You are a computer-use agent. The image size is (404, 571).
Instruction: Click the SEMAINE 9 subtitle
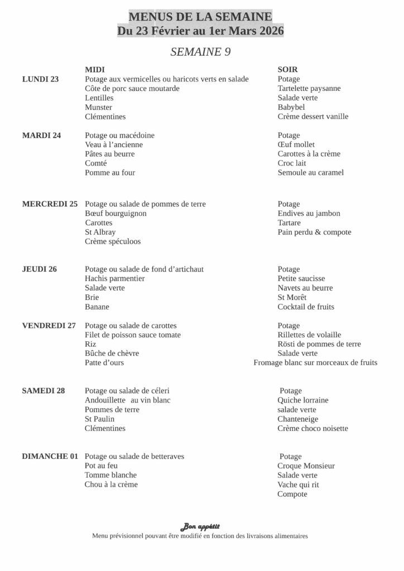pos(200,52)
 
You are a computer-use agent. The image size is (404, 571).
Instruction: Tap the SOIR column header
pos(287,70)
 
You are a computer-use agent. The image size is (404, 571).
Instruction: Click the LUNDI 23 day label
pos(40,79)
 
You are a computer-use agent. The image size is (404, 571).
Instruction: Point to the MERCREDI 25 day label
pos(50,204)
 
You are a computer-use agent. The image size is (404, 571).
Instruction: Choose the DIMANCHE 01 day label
pos(50,457)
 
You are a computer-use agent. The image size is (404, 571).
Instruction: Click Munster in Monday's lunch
pos(98,107)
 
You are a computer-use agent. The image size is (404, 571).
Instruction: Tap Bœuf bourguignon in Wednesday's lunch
pos(116,214)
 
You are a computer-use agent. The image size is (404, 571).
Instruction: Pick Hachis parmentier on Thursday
pos(115,279)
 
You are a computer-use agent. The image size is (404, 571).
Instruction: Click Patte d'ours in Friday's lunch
pos(104,363)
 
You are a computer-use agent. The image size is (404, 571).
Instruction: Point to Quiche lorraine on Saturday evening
pos(303,400)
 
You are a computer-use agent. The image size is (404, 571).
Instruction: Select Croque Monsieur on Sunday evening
pos(306,466)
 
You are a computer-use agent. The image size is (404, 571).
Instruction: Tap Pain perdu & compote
pos(314,233)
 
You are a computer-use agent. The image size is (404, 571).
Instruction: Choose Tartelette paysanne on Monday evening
pos(309,89)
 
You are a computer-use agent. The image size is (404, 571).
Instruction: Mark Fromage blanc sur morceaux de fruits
pos(315,363)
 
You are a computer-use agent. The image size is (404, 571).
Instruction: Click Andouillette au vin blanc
pos(127,400)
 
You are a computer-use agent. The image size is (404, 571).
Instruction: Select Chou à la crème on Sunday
pos(111,485)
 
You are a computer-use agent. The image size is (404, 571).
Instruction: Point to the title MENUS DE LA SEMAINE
pos(200,18)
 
